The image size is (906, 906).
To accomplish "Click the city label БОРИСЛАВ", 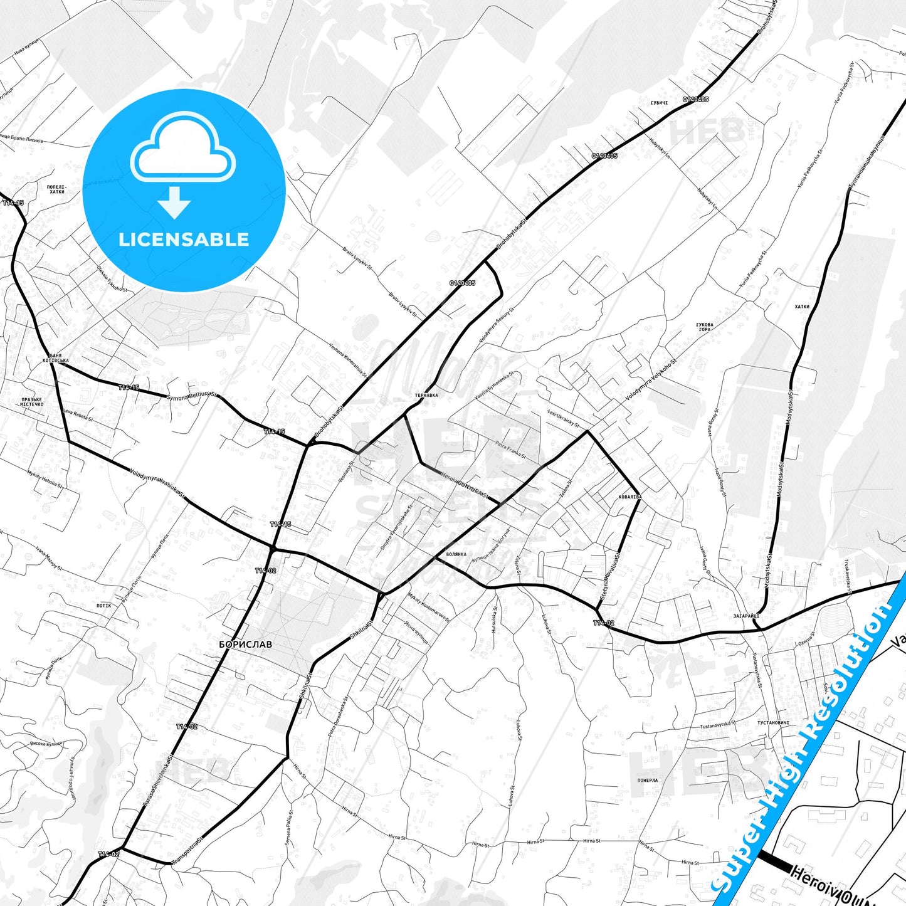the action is click(x=246, y=644).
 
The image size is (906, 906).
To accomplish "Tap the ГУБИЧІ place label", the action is click(x=658, y=102).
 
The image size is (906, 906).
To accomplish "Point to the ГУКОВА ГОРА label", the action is click(x=704, y=327).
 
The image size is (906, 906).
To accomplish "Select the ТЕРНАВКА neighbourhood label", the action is click(x=426, y=396).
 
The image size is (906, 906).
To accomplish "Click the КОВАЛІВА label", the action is click(x=630, y=497).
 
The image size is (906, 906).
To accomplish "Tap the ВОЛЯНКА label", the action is click(x=456, y=554).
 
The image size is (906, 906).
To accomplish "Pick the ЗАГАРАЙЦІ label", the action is click(x=746, y=616).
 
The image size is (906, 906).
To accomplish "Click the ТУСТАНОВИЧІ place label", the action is click(x=773, y=723).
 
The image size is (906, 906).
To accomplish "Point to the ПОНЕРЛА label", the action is click(x=648, y=781).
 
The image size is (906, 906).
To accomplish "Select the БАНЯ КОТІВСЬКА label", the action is click(x=55, y=358).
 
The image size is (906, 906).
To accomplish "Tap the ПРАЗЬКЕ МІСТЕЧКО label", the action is click(x=32, y=402).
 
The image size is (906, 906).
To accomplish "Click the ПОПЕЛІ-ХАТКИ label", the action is click(x=56, y=189).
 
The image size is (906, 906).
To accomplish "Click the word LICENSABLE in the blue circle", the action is click(x=184, y=240).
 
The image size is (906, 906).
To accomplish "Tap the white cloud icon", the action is click(x=183, y=149).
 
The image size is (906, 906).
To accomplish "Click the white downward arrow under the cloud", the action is click(x=174, y=203).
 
